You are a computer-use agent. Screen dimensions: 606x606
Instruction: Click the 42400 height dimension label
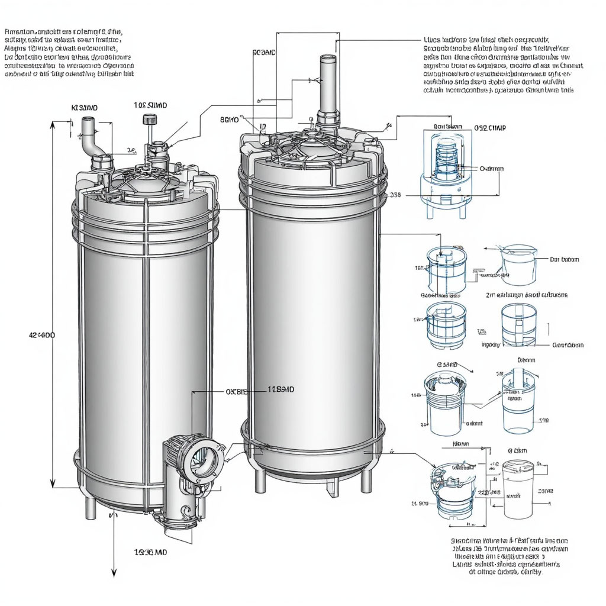(x=41, y=335)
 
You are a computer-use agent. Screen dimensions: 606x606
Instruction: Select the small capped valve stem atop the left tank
(x=147, y=120)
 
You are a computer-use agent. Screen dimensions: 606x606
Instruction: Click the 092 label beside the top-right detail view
(x=490, y=127)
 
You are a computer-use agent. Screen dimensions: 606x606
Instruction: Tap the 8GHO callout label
(x=230, y=120)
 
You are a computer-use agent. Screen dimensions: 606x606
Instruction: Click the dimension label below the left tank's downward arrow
(x=150, y=552)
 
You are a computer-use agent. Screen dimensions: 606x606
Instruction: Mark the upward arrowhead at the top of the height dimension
(x=53, y=125)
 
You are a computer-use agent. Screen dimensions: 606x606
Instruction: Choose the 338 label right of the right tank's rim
(x=395, y=195)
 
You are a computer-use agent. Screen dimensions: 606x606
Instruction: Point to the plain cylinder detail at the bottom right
(x=518, y=482)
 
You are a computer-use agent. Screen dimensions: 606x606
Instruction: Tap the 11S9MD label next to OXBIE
(x=281, y=389)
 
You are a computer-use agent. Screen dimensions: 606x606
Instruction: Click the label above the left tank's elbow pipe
(x=84, y=108)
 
